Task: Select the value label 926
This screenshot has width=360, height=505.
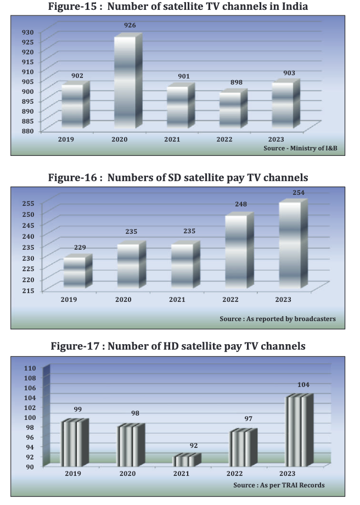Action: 130,25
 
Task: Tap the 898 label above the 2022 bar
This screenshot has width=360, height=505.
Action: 237,82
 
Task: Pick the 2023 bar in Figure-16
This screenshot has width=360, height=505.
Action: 290,244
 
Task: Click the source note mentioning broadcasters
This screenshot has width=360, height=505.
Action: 278,319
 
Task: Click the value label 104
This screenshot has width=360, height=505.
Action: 303,385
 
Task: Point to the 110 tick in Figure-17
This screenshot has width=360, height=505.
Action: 29,368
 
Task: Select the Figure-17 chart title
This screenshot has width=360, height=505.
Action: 178,346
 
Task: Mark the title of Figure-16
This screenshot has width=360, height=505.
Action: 178,177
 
